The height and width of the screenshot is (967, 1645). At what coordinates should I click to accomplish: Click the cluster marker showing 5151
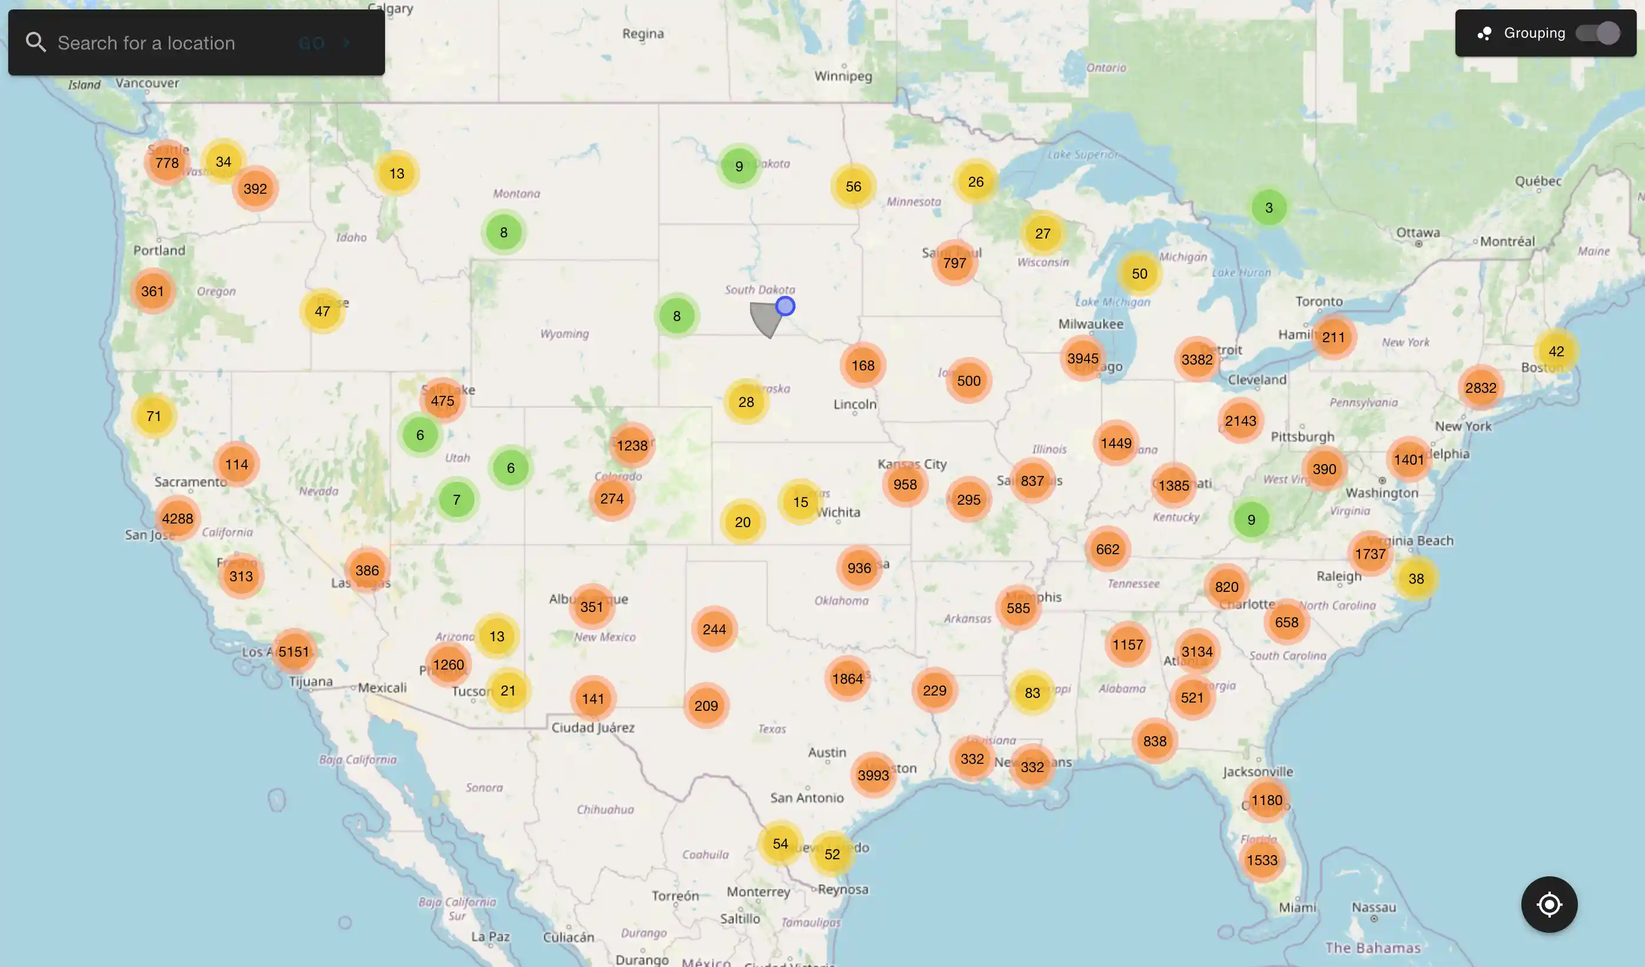[x=294, y=651]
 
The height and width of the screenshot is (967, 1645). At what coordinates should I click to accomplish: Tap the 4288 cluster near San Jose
[x=178, y=518]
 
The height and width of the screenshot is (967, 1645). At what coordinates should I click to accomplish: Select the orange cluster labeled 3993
[x=873, y=775]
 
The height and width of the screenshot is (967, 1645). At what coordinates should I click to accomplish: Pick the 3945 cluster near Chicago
[x=1083, y=359]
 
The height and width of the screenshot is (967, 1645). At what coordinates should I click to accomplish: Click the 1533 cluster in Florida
[x=1262, y=860]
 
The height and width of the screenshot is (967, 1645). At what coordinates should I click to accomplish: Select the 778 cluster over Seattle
[x=167, y=163]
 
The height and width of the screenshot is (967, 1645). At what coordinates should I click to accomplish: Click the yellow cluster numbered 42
[x=1556, y=351]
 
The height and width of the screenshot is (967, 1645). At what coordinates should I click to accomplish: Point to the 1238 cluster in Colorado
[x=632, y=445]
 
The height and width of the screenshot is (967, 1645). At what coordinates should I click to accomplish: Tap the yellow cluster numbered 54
[x=780, y=843]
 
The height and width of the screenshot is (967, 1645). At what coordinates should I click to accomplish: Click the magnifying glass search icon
[x=36, y=42]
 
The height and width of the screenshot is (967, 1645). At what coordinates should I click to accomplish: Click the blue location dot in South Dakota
[x=785, y=306]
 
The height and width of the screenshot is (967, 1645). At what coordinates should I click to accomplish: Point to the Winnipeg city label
[x=843, y=76]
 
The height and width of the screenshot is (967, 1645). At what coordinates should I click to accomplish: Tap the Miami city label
[x=1297, y=907]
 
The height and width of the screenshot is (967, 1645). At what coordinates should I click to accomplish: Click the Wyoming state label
[x=565, y=334]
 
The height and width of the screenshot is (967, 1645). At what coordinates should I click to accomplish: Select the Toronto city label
[x=1319, y=301]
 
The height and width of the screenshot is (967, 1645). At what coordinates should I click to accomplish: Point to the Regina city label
[x=643, y=34]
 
